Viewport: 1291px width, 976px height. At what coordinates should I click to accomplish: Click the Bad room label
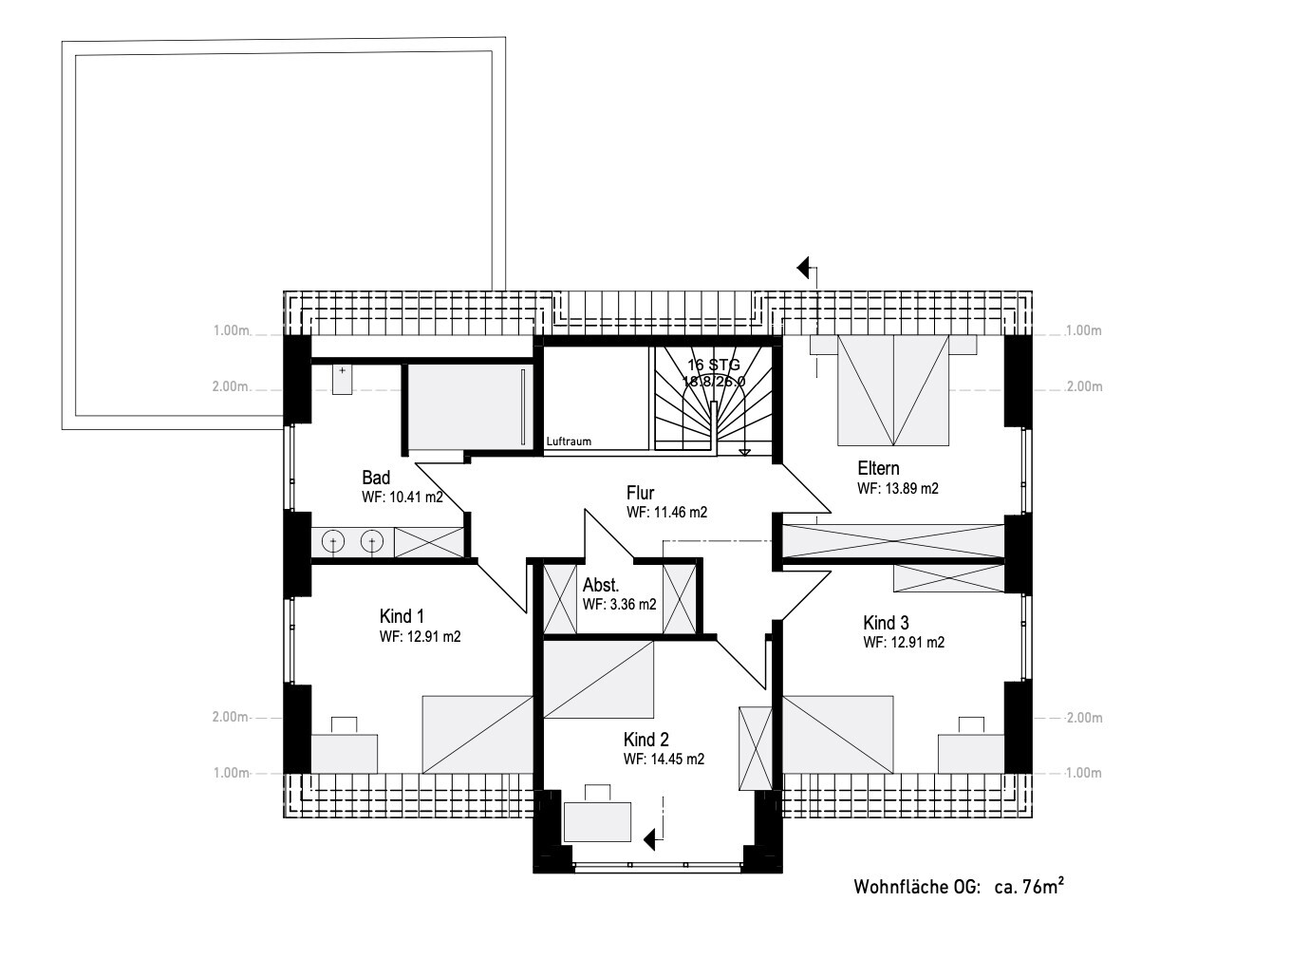375,478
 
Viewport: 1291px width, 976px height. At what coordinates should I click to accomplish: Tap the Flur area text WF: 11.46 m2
666,513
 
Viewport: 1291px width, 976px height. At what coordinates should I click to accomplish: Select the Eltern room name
878,468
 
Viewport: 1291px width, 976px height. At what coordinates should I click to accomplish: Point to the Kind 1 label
402,616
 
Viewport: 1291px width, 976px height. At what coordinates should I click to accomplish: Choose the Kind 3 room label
886,623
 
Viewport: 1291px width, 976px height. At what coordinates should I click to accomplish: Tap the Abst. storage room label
601,586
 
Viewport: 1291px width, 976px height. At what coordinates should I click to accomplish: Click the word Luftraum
569,441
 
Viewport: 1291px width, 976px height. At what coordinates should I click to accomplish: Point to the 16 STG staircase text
714,365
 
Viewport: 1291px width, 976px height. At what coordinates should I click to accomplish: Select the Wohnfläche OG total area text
959,887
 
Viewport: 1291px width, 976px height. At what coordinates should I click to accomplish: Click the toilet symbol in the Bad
342,379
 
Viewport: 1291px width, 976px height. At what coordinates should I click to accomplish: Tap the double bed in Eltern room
893,390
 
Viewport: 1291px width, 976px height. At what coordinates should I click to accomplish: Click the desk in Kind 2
597,815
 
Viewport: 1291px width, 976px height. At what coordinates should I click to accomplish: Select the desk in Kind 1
344,745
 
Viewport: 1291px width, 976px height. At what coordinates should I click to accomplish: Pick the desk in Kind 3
971,745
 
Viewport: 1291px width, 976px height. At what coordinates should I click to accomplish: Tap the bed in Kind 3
837,734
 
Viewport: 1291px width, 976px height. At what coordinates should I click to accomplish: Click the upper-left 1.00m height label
231,330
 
